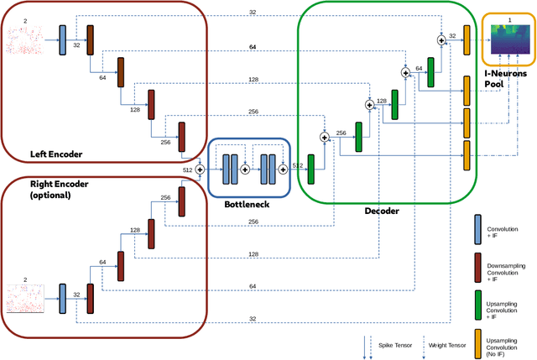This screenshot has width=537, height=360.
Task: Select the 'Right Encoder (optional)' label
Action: point(60,189)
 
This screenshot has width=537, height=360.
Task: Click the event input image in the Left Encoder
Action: point(24,40)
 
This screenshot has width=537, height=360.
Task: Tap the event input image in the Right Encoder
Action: point(24,299)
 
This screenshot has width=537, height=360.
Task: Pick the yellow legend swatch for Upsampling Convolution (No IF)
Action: point(477,337)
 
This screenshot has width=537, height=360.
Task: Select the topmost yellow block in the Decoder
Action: point(467,40)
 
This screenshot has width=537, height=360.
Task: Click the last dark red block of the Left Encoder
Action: point(180,136)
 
